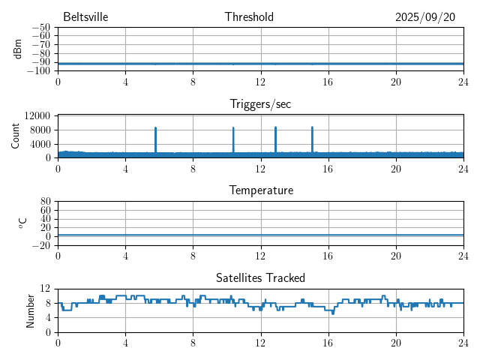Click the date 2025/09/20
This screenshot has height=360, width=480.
[x=425, y=17]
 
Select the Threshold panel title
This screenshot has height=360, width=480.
[x=249, y=17]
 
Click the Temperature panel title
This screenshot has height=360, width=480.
[x=260, y=190]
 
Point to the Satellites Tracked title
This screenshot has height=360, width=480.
[x=260, y=277]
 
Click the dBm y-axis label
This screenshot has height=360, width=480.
[x=17, y=49]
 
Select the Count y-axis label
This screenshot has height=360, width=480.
[x=16, y=136]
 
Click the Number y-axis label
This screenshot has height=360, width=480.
[x=31, y=310]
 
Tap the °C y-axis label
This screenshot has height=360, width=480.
[x=23, y=223]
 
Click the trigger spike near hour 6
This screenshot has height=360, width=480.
[x=155, y=139]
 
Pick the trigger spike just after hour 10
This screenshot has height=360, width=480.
[x=233, y=139]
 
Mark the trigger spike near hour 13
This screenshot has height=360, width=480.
[x=275, y=139]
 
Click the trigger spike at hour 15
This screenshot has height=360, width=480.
[x=312, y=139]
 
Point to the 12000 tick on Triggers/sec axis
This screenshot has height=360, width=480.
[x=37, y=115]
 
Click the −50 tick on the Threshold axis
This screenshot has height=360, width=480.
[x=40, y=28]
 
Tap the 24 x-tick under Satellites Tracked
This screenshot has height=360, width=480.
[x=463, y=343]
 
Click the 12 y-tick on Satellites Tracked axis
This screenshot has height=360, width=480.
[x=45, y=289]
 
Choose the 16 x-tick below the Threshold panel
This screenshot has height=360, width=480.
[x=328, y=82]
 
